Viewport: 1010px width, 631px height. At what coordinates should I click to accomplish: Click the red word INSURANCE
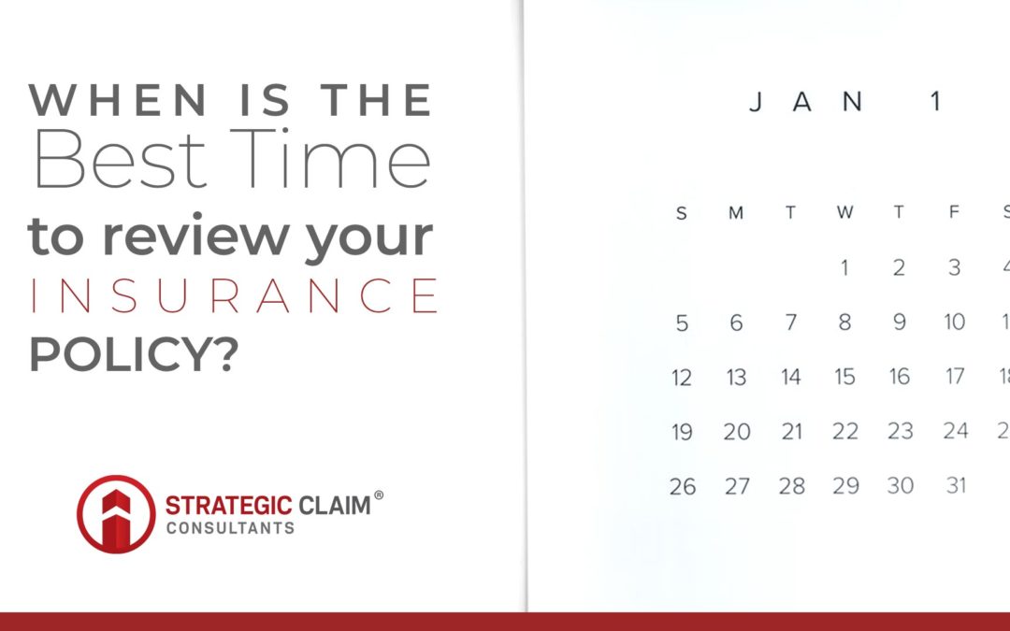pyautogui.click(x=233, y=295)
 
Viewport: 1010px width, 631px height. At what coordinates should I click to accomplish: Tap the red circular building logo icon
pyautogui.click(x=115, y=513)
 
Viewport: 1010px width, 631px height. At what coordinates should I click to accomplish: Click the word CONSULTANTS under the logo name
pyautogui.click(x=230, y=528)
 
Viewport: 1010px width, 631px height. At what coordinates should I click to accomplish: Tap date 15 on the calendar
pyautogui.click(x=844, y=377)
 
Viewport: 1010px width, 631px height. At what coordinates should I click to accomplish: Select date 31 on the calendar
pyautogui.click(x=955, y=485)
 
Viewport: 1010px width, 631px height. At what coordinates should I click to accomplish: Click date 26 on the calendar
pyautogui.click(x=682, y=486)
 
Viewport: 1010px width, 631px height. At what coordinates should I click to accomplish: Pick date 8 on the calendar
pyautogui.click(x=844, y=323)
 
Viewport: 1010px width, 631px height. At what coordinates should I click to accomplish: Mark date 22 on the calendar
pyautogui.click(x=845, y=432)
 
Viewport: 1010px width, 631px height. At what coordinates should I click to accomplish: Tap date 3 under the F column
pyautogui.click(x=954, y=268)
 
